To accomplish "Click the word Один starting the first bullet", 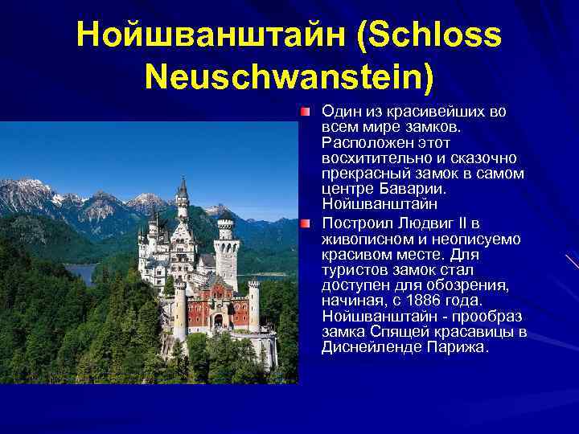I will (340, 110).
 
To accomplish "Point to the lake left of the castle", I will (80, 273).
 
